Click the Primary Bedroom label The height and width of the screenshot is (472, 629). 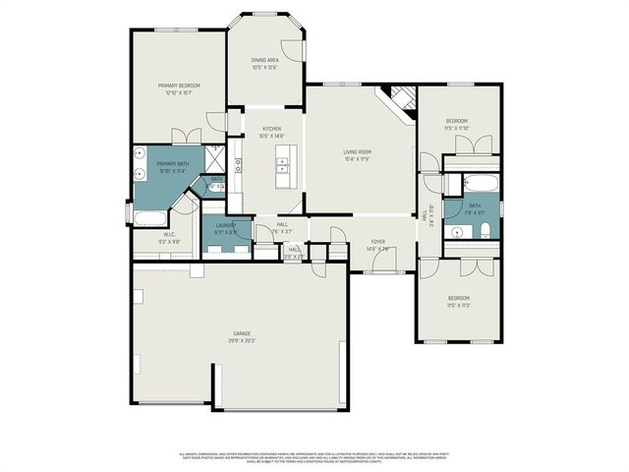click(180, 89)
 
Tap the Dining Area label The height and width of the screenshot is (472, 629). click(264, 64)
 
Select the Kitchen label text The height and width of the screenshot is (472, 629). click(270, 133)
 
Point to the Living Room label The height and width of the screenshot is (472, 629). click(357, 154)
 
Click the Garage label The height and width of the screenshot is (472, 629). click(242, 336)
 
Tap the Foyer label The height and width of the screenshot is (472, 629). click(377, 246)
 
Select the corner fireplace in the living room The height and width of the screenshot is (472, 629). click(400, 98)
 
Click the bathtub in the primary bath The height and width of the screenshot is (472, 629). click(152, 218)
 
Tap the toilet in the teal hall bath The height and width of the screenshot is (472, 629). click(486, 231)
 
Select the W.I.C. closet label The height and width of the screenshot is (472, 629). click(169, 237)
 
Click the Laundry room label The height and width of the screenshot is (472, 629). click(227, 229)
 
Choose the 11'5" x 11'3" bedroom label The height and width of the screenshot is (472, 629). click(459, 301)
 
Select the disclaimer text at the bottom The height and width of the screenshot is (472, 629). click(314, 456)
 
